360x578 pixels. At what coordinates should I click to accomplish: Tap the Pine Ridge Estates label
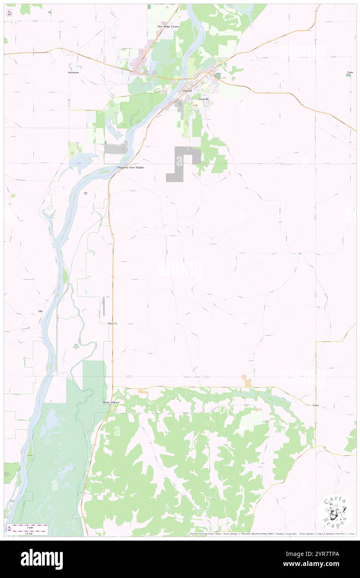(x=168, y=27)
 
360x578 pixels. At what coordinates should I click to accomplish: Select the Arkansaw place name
(x=73, y=72)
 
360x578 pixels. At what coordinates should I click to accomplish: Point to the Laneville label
(x=204, y=99)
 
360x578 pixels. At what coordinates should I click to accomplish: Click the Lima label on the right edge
(x=350, y=72)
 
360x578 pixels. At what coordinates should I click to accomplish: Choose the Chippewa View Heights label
(x=130, y=167)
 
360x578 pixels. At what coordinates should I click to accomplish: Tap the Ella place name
(x=40, y=311)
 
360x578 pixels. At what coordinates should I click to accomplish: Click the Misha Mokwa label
(x=111, y=403)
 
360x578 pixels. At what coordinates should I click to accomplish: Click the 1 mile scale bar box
(x=30, y=529)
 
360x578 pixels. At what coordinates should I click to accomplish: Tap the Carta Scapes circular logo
(x=335, y=513)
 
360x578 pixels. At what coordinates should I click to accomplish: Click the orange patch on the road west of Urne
(x=247, y=380)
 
